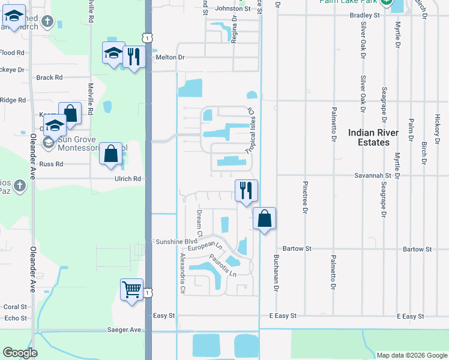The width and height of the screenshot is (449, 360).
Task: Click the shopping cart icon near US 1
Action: click(131, 290)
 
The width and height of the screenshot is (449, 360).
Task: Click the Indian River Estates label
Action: click(368, 137)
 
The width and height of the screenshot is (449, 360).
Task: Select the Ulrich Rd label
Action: click(128, 179)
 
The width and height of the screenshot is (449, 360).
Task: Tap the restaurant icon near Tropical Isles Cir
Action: click(246, 191)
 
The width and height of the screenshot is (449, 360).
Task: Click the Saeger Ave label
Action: click(124, 329)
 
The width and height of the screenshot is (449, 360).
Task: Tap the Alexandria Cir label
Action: click(182, 272)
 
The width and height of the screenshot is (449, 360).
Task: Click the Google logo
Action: click(20, 353)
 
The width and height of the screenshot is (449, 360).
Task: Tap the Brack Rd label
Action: click(49, 77)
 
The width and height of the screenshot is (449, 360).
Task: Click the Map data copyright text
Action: click(411, 355)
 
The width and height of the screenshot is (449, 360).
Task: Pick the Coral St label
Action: click(15, 307)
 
